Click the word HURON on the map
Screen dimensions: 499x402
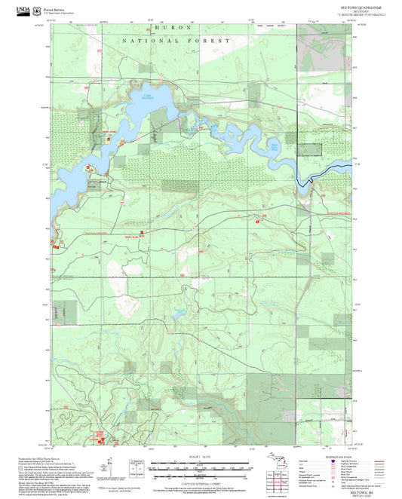click(167, 26)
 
